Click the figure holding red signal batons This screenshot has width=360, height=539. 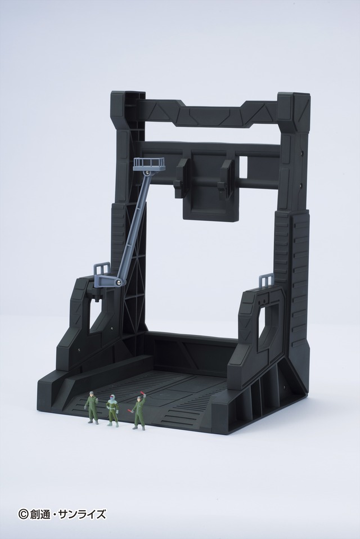tap(138, 414)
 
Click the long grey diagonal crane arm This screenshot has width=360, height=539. tap(134, 225)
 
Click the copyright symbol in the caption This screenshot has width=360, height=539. tap(23, 514)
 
